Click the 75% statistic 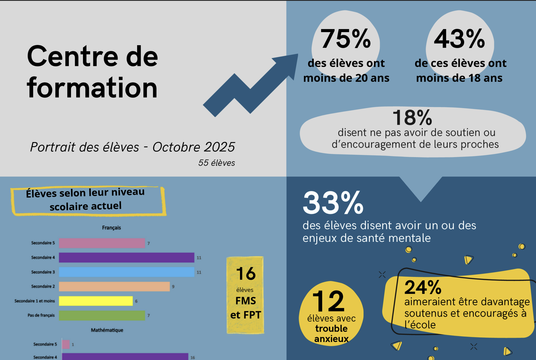[x=346, y=39]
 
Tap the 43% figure [x=459, y=39]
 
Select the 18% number [x=412, y=118]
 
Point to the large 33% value [x=333, y=203]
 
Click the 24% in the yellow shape [x=423, y=287]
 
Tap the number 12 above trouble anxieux [x=329, y=301]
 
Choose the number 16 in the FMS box [x=246, y=274]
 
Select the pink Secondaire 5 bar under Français [x=102, y=243]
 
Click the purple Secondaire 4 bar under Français [x=127, y=258]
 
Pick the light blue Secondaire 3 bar [x=127, y=272]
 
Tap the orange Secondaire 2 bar [x=114, y=286]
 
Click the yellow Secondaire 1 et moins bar [x=96, y=301]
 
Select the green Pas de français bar [x=102, y=315]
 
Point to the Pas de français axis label [x=41, y=315]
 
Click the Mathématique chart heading [x=107, y=330]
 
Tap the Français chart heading [x=111, y=228]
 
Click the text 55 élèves [x=217, y=163]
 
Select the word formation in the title [x=92, y=88]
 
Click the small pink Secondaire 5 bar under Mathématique [x=66, y=344]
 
